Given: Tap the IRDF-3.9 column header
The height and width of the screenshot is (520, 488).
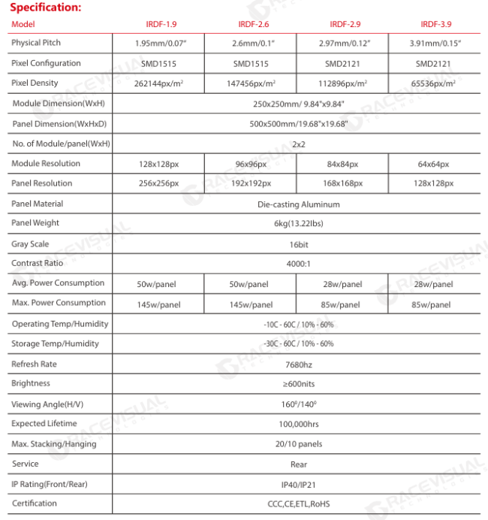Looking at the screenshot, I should [x=436, y=24].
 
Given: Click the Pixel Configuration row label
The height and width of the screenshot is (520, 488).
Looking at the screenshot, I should [x=46, y=63].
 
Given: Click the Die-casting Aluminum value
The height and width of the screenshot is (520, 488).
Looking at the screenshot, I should [x=299, y=204].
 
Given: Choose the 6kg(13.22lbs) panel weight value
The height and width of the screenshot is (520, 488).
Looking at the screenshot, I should [x=299, y=224].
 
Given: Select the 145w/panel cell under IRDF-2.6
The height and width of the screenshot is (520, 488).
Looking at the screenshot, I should [x=250, y=304].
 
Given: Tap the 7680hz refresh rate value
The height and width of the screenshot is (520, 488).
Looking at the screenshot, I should [x=299, y=364].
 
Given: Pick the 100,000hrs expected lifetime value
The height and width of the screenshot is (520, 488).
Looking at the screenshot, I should [x=299, y=425].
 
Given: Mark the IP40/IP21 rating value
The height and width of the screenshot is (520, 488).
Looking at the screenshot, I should [x=299, y=485].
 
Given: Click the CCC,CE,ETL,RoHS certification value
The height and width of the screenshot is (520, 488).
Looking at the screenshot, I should [x=299, y=504].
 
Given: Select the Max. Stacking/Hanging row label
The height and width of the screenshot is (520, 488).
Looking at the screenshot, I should [x=54, y=444].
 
